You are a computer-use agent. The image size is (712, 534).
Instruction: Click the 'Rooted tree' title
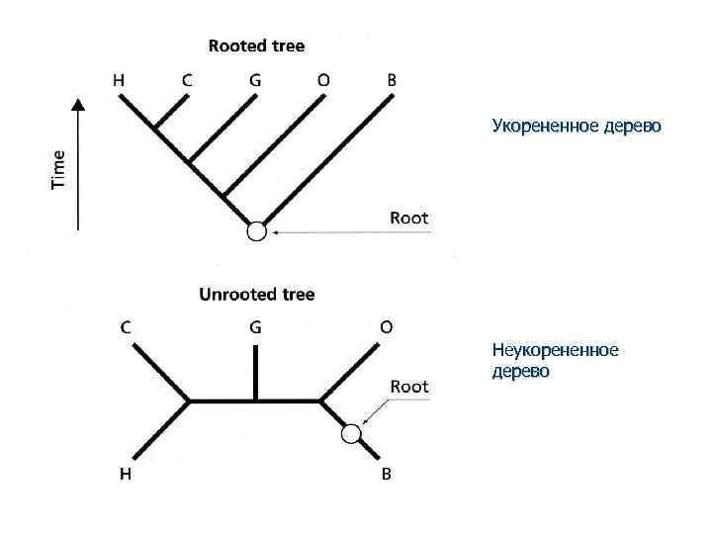(256, 45)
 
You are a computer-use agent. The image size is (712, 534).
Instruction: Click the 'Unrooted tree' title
(256, 294)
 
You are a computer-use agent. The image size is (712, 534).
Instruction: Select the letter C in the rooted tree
(187, 81)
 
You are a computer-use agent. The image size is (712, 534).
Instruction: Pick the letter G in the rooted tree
(255, 81)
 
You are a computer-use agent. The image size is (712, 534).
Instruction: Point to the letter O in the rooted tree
(323, 81)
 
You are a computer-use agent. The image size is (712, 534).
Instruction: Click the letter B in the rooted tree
(392, 81)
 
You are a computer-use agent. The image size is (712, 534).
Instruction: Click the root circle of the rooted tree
(256, 231)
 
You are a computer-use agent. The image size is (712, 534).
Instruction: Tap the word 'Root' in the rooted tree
(409, 218)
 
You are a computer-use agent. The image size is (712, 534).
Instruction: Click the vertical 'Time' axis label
(59, 168)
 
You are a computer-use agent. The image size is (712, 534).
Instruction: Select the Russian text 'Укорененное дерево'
(577, 128)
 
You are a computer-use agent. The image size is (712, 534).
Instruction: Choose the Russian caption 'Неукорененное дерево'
(554, 361)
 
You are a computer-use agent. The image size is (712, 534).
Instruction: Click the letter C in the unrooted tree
(127, 327)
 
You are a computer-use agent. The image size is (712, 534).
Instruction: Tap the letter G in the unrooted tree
(255, 327)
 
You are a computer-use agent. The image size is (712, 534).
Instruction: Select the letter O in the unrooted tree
(385, 327)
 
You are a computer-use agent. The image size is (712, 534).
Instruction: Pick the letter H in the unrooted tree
(127, 474)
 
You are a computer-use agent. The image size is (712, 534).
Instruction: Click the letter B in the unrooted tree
(386, 474)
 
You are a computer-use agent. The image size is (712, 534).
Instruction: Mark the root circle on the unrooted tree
(350, 433)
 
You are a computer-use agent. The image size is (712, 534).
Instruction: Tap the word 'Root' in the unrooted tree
(409, 387)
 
